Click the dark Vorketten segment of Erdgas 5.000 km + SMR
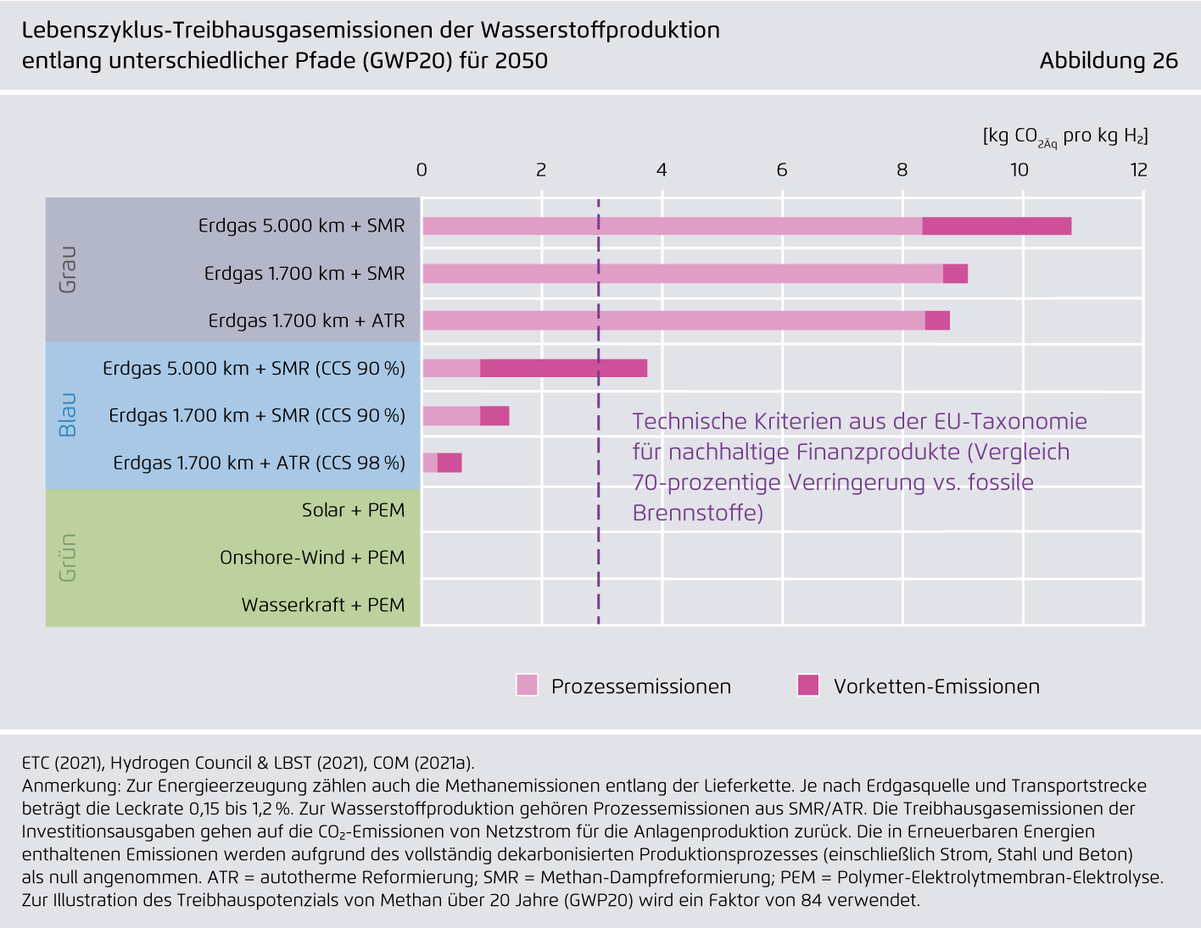click(x=997, y=225)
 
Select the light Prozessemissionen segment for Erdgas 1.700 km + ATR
click(x=673, y=320)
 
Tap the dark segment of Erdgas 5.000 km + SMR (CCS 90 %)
click(x=563, y=368)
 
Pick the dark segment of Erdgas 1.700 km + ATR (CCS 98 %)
click(x=450, y=463)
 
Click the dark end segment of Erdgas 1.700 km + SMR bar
click(x=955, y=274)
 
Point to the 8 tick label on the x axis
click(x=902, y=170)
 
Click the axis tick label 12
click(x=1138, y=170)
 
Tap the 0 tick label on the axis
click(x=422, y=170)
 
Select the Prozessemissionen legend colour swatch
click(x=527, y=685)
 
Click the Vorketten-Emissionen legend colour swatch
click(x=808, y=685)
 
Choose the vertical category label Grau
click(x=67, y=270)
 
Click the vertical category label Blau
click(x=67, y=415)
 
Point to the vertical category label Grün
click(x=67, y=558)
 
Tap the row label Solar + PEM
click(x=353, y=510)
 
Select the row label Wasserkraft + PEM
click(x=323, y=605)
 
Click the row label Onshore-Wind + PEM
click(x=312, y=558)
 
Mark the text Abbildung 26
click(x=1109, y=61)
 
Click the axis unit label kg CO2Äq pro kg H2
click(x=1065, y=136)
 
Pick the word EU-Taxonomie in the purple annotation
click(x=1011, y=421)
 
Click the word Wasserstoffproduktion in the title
click(x=600, y=31)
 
